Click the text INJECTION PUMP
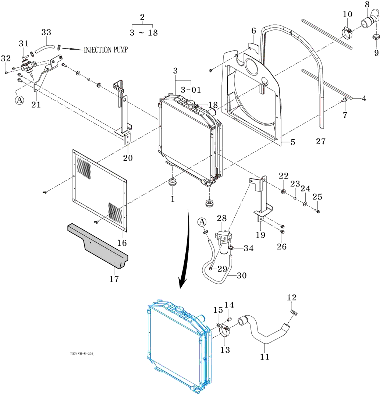pyautogui.click(x=106, y=50)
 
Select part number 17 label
pyautogui.click(x=114, y=279)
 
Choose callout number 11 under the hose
pyautogui.click(x=265, y=356)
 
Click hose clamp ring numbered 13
pyautogui.click(x=225, y=333)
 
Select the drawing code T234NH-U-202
pyautogui.click(x=82, y=354)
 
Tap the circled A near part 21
pyautogui.click(x=19, y=100)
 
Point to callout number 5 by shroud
pyautogui.click(x=293, y=142)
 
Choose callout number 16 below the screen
pyautogui.click(x=122, y=243)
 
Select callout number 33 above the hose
pyautogui.click(x=46, y=32)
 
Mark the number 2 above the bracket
pyautogui.click(x=142, y=17)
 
